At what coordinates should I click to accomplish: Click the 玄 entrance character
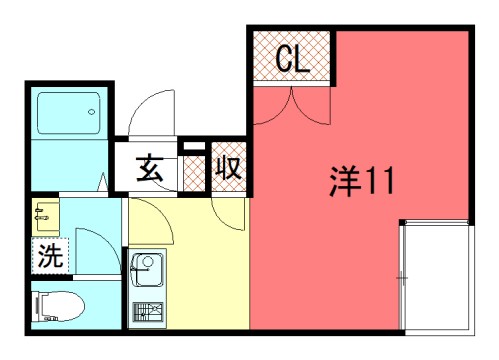(150, 170)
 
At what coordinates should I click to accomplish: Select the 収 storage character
(227, 170)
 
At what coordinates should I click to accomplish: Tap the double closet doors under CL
(291, 103)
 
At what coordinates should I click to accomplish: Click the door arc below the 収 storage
(228, 209)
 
